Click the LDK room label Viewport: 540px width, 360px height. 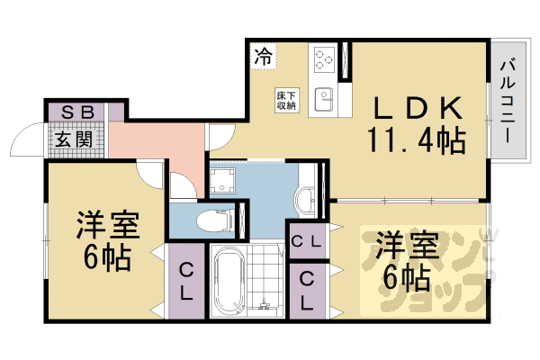(x=418, y=110)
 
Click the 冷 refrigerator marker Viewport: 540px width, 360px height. (x=263, y=56)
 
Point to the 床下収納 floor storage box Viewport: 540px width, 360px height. (x=287, y=99)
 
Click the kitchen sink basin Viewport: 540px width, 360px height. (x=324, y=96)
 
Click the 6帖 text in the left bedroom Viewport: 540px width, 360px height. (x=106, y=257)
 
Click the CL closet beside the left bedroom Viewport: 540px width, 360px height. (x=184, y=281)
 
